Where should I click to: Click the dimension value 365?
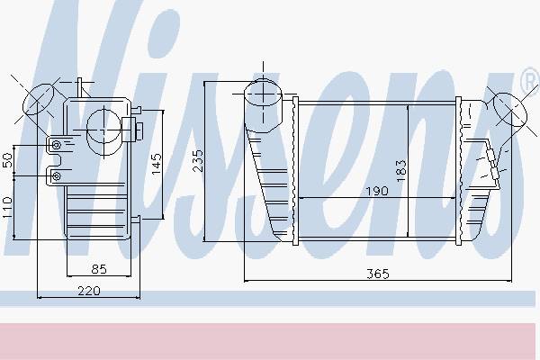pyautogui.click(x=377, y=274)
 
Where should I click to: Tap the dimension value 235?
pyautogui.click(x=198, y=160)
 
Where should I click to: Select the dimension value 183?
pyautogui.click(x=401, y=171)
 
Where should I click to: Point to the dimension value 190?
pyautogui.click(x=377, y=191)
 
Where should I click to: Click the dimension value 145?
pyautogui.click(x=156, y=164)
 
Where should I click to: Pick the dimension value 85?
pyautogui.click(x=99, y=269)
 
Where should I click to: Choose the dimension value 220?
pyautogui.click(x=89, y=291)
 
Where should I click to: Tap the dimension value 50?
pyautogui.click(x=7, y=160)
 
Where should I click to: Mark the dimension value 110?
pyautogui.click(x=7, y=207)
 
